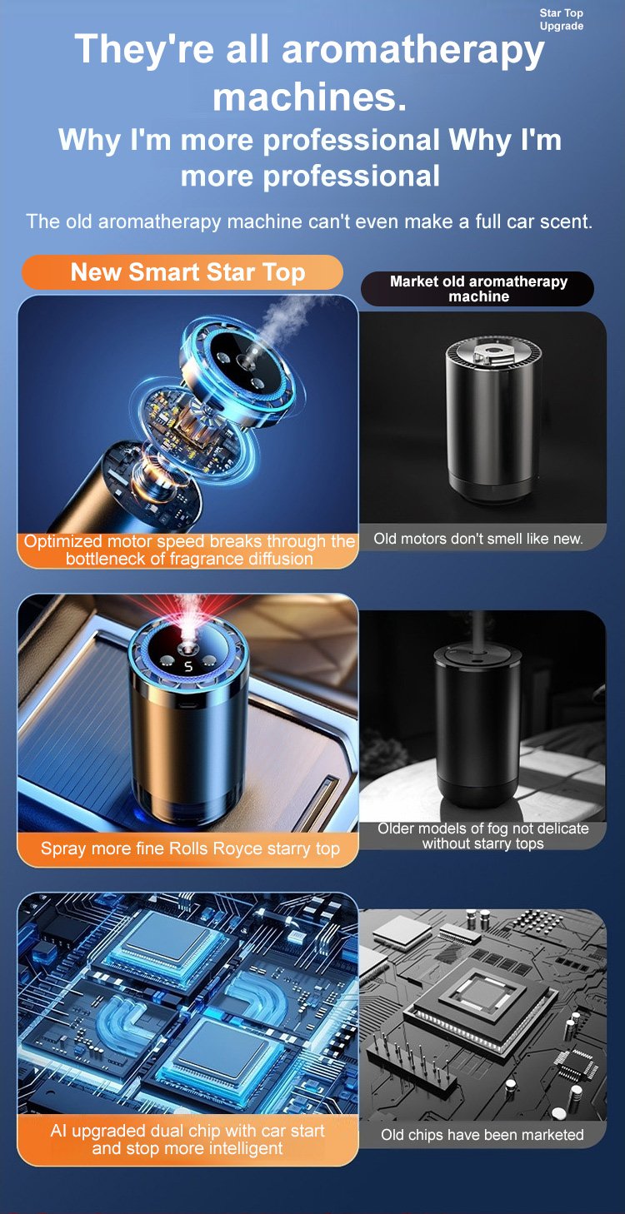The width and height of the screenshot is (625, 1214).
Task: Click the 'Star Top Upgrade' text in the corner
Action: pos(561,19)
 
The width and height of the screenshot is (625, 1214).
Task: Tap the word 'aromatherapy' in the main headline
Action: pos(412,51)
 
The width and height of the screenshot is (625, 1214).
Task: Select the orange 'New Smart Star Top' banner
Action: pos(182,272)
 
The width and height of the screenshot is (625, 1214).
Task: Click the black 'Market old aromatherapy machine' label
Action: pos(477,289)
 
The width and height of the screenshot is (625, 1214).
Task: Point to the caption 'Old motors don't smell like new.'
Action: pos(478,539)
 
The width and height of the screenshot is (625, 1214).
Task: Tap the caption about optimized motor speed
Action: pos(189,550)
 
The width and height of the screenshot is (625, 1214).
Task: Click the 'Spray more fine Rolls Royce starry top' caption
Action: pos(190,848)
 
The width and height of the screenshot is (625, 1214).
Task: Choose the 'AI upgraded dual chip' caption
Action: pos(187,1139)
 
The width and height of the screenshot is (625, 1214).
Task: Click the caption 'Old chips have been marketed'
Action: pos(482,1135)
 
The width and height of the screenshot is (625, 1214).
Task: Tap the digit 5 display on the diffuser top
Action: pos(188,667)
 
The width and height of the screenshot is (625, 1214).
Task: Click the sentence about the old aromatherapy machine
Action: pos(309,221)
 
